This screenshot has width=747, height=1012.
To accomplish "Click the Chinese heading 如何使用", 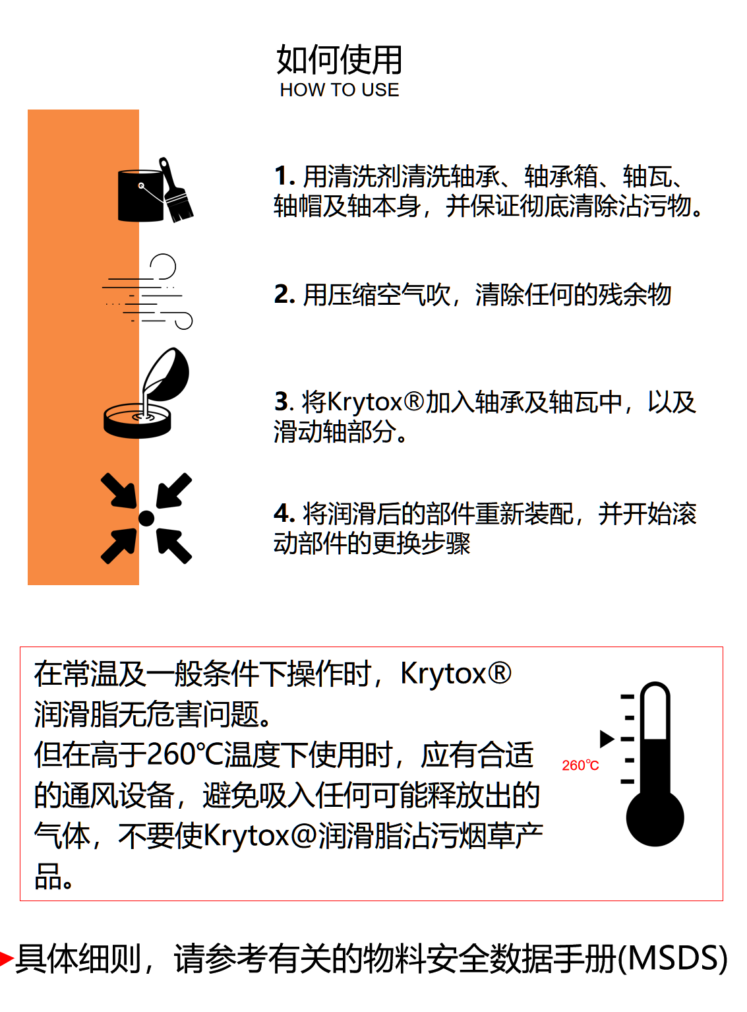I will pyautogui.click(x=339, y=60).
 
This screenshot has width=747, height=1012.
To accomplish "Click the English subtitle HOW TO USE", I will pyautogui.click(x=339, y=90).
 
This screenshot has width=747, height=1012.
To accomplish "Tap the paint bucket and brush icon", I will pyautogui.click(x=156, y=191).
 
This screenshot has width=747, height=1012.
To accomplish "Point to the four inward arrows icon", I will pyautogui.click(x=146, y=519).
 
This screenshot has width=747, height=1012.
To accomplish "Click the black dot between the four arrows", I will pyautogui.click(x=146, y=519).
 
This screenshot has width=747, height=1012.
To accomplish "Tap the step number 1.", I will pyautogui.click(x=282, y=177).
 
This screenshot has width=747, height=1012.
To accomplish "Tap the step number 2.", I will pyautogui.click(x=283, y=295).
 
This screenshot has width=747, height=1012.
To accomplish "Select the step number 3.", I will pyautogui.click(x=282, y=402).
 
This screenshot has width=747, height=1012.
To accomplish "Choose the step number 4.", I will pyautogui.click(x=282, y=514).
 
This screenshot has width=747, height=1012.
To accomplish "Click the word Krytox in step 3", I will pyautogui.click(x=364, y=402).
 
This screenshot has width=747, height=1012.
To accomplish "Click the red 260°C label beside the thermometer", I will pyautogui.click(x=580, y=765).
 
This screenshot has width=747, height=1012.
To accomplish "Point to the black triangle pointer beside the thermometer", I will pyautogui.click(x=607, y=739).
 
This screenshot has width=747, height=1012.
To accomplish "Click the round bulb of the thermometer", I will pyautogui.click(x=655, y=818).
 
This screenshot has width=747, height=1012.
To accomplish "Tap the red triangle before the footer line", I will pyautogui.click(x=7, y=959).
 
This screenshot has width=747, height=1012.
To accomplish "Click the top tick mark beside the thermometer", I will pyautogui.click(x=628, y=696).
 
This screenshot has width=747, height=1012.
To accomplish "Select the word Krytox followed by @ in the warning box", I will pyautogui.click(x=246, y=836).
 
